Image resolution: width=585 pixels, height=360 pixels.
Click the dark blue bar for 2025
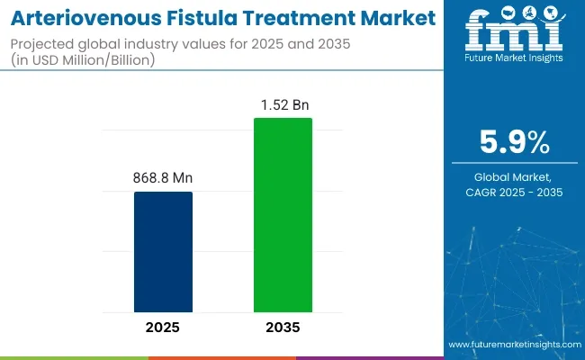coord(163,251)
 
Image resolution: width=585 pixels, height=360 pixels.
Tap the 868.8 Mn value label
coord(163,178)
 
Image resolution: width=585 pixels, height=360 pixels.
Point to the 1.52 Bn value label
coord(283,104)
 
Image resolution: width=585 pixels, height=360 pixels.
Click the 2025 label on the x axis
coord(163,327)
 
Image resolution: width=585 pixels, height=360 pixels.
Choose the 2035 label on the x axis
coord(283,327)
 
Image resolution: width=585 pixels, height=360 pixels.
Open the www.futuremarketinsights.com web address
coord(513,345)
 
